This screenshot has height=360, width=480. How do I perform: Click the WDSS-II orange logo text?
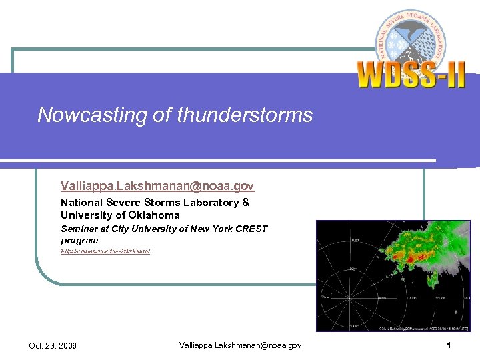point(411,75)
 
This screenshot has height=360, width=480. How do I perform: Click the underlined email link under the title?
point(157,186)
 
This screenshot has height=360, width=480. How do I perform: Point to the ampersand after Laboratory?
point(246,202)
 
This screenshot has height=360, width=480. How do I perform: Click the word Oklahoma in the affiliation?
point(154,215)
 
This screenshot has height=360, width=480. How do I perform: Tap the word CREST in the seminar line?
point(253,229)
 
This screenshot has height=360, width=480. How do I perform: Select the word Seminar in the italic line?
point(79,229)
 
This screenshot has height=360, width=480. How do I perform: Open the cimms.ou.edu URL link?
point(105,251)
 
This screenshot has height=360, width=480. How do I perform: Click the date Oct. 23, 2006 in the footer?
point(53,345)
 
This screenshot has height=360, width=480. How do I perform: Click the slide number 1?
point(449,345)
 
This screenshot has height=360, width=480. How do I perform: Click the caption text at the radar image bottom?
point(424,328)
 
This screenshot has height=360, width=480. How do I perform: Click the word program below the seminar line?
point(79,240)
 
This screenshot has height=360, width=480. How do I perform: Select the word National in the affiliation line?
point(82,202)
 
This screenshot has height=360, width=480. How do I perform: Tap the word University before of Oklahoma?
point(86,215)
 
